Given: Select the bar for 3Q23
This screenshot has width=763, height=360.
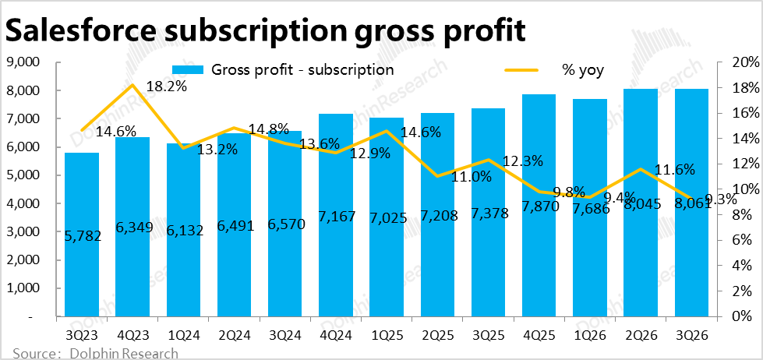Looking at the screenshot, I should [x=82, y=234].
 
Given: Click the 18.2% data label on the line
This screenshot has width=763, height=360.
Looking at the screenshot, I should [x=166, y=86].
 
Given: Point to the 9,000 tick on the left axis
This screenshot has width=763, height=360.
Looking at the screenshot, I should [x=23, y=62].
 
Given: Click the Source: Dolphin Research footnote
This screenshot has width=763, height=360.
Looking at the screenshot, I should [x=95, y=353].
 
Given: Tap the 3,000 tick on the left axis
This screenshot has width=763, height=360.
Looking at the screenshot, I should [x=23, y=232].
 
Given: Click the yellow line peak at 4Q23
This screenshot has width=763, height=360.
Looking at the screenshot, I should [x=132, y=85].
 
